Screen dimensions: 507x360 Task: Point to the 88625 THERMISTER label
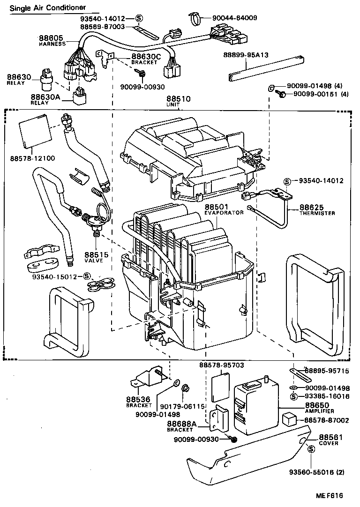[317, 209]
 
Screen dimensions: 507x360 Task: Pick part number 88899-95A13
[245, 55]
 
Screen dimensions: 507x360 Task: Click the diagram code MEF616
[329, 496]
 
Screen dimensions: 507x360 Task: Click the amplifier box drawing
[255, 405]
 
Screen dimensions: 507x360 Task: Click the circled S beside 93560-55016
[311, 450]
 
